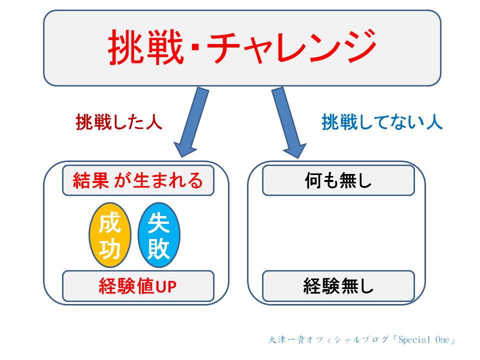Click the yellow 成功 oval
click(x=110, y=235)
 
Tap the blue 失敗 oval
click(x=159, y=235)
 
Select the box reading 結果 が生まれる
click(x=138, y=180)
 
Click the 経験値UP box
click(x=138, y=286)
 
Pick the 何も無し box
click(x=338, y=180)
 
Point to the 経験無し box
click(x=338, y=286)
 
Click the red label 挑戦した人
click(x=119, y=122)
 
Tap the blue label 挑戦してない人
click(x=382, y=122)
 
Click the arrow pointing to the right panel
click(x=288, y=122)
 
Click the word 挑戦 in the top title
click(x=145, y=47)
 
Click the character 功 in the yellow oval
click(x=109, y=248)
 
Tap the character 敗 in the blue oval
click(x=158, y=248)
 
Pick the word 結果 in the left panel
click(x=90, y=180)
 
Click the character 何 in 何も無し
click(x=313, y=180)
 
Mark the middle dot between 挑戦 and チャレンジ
click(x=195, y=48)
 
